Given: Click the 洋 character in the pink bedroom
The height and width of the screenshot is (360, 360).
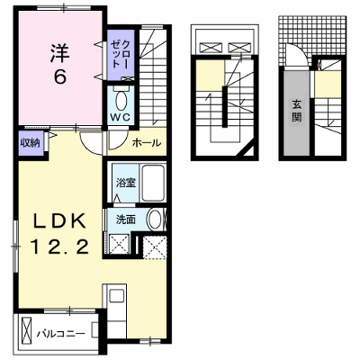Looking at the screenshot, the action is pos(60,53).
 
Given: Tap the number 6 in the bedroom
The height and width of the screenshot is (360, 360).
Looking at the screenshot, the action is pos(60,78).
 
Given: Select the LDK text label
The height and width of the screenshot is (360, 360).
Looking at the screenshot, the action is pos(59,221).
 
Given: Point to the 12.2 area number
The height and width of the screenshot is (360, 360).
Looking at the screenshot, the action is pos(59,247).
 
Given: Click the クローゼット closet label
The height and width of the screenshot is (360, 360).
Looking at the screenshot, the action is pos(121,54).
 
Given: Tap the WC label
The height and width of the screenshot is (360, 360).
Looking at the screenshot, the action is pos(120,117).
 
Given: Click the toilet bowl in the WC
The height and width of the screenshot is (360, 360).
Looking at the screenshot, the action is pos(121,101).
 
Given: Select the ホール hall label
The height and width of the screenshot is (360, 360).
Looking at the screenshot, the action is pos(147,143).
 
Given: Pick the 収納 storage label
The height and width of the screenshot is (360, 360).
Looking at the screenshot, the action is pos(30,143).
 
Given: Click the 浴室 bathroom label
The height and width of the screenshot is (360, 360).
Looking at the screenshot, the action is pos(126,183).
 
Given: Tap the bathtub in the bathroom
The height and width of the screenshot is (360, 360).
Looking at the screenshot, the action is pos(153,183).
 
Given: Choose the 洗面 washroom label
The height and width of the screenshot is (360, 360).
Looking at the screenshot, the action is pos(126,220).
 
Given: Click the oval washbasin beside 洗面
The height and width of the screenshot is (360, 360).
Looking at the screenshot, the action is pos(155,220).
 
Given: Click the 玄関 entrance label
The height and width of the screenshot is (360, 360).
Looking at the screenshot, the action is pos(297,110).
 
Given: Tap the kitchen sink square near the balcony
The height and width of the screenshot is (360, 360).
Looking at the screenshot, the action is pos(116,295).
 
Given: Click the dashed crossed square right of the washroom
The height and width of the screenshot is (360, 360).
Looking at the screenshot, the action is pos(155,247).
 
